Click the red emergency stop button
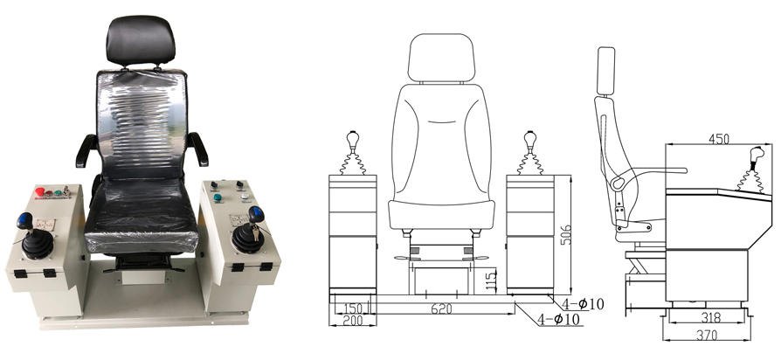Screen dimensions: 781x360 [40, 191]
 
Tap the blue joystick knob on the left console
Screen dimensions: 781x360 [24, 220]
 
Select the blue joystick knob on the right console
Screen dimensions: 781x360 [256, 215]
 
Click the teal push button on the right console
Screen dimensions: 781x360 [218, 197]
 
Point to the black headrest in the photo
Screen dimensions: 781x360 [141, 40]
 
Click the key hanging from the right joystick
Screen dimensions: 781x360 [256, 232]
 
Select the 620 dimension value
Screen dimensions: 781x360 [441, 308]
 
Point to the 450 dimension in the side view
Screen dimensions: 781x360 [718, 139]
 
